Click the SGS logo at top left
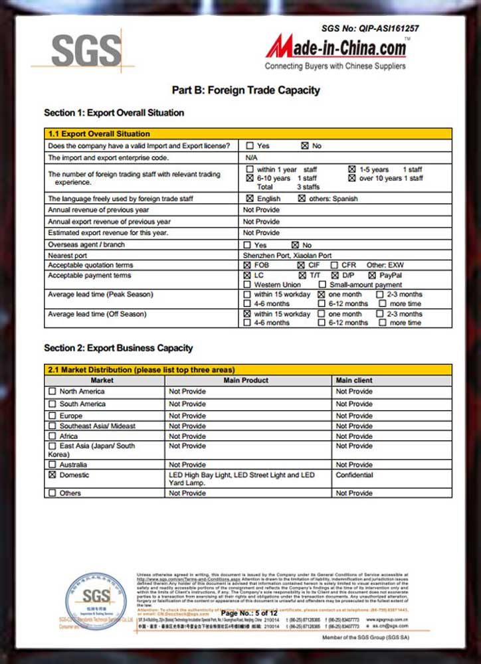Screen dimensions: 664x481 (x=86, y=50)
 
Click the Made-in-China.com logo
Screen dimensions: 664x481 (x=336, y=48)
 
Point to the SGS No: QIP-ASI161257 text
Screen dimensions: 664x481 (x=370, y=28)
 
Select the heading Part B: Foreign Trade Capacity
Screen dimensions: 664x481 (x=246, y=90)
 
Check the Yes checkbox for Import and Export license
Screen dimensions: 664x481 (x=249, y=145)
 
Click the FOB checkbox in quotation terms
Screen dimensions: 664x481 (x=248, y=265)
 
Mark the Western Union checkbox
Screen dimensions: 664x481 (x=248, y=285)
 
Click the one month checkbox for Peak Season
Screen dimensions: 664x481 (x=322, y=294)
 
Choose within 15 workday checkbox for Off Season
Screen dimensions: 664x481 (x=248, y=313)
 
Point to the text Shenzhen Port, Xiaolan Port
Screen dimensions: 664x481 (x=287, y=255)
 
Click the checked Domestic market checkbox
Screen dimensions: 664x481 (x=52, y=475)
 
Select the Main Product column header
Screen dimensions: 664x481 (x=246, y=380)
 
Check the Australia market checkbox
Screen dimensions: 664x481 (x=52, y=465)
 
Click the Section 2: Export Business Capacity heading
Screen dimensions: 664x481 (x=118, y=348)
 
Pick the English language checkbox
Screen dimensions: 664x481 (x=249, y=199)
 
